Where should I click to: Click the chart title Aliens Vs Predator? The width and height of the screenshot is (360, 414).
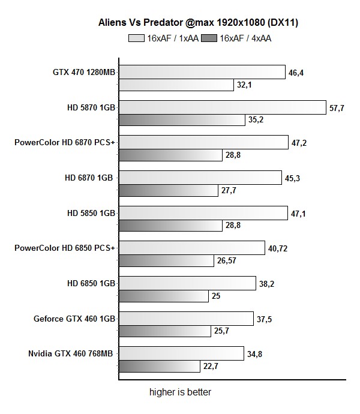[199, 23]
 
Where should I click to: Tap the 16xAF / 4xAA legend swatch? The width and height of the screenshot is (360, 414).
[209, 38]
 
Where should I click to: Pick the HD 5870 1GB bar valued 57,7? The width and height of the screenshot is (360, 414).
[222, 107]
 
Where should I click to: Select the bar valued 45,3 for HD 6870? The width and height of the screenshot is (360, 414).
[200, 177]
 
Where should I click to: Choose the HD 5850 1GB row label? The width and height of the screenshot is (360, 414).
[90, 212]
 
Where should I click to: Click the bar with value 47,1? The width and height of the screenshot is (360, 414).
[203, 212]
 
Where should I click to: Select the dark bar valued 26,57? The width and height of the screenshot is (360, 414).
[167, 261]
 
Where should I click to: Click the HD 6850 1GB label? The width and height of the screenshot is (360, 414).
[90, 282]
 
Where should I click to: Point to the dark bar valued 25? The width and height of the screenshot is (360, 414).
[164, 296]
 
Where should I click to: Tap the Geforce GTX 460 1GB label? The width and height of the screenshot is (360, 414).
[74, 317]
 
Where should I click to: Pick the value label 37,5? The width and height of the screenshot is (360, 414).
[265, 319]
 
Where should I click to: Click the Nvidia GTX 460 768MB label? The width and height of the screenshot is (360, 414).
[70, 353]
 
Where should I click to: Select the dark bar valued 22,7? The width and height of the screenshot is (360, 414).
[160, 366]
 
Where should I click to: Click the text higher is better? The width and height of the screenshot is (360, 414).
[180, 392]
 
